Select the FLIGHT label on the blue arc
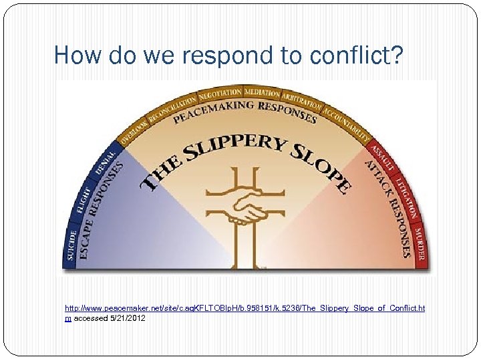[x=83, y=199]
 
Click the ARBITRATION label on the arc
[x=301, y=101]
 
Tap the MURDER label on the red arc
[x=420, y=245]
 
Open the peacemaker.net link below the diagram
[x=245, y=308]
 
